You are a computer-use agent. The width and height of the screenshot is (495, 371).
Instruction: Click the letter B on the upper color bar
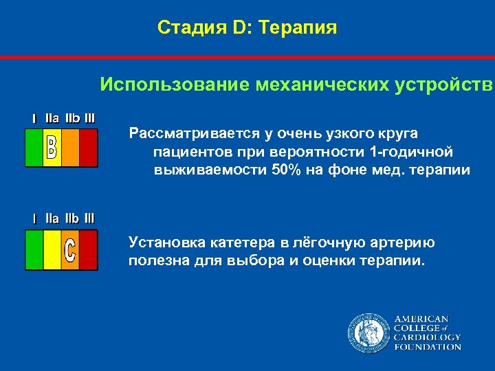pyautogui.click(x=52, y=148)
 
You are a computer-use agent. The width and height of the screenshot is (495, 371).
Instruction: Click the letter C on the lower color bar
pyautogui.click(x=70, y=250)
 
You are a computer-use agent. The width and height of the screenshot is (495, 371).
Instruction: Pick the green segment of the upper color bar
pyautogui.click(x=34, y=148)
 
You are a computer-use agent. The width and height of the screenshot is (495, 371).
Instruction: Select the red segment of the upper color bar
pyautogui.click(x=89, y=148)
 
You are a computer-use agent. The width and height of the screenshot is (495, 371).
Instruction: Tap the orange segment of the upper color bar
pyautogui.click(x=71, y=148)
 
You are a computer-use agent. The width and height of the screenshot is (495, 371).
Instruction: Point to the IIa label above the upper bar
pyautogui.click(x=52, y=118)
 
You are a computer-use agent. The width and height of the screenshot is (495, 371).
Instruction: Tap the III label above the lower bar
pyautogui.click(x=89, y=218)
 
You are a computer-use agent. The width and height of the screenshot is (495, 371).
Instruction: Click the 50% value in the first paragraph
pyautogui.click(x=286, y=170)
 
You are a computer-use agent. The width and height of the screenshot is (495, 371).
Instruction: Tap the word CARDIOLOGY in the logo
pyautogui.click(x=427, y=338)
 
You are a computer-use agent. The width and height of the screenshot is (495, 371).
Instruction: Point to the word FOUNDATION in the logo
pyautogui.click(x=427, y=347)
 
